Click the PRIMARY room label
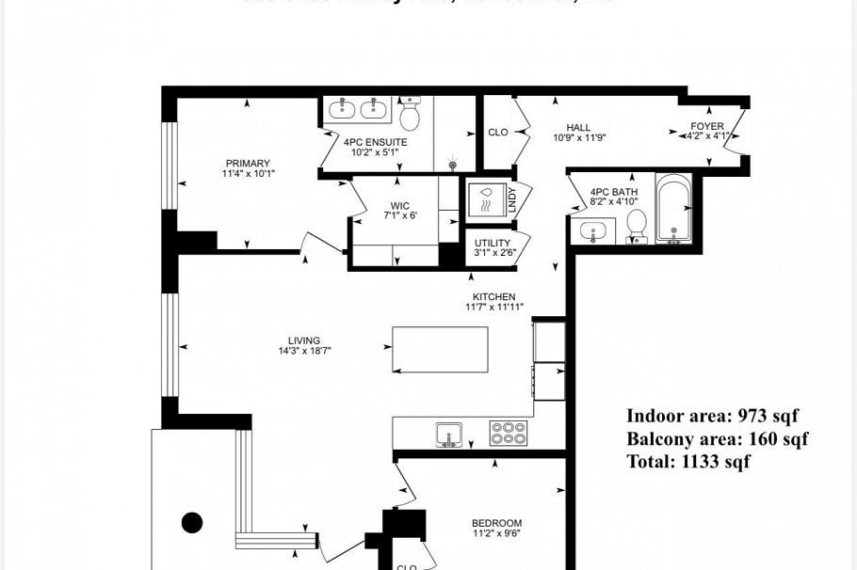coord(248,164)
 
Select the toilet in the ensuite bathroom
coord(410,115)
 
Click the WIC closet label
coord(400,206)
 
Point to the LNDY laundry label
coord(513,199)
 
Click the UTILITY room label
coord(493,243)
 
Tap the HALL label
coord(578,128)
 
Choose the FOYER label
coord(707,126)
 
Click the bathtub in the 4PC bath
coord(673,208)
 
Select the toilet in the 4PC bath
coord(637,225)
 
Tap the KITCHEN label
coord(493,297)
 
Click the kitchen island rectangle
coord(440,349)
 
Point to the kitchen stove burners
coord(509,433)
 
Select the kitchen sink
coord(449,435)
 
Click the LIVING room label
coord(304,340)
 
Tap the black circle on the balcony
coord(192,522)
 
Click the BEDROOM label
coord(496,523)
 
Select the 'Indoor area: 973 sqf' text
coord(712,416)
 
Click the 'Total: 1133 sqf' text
coord(688,461)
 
